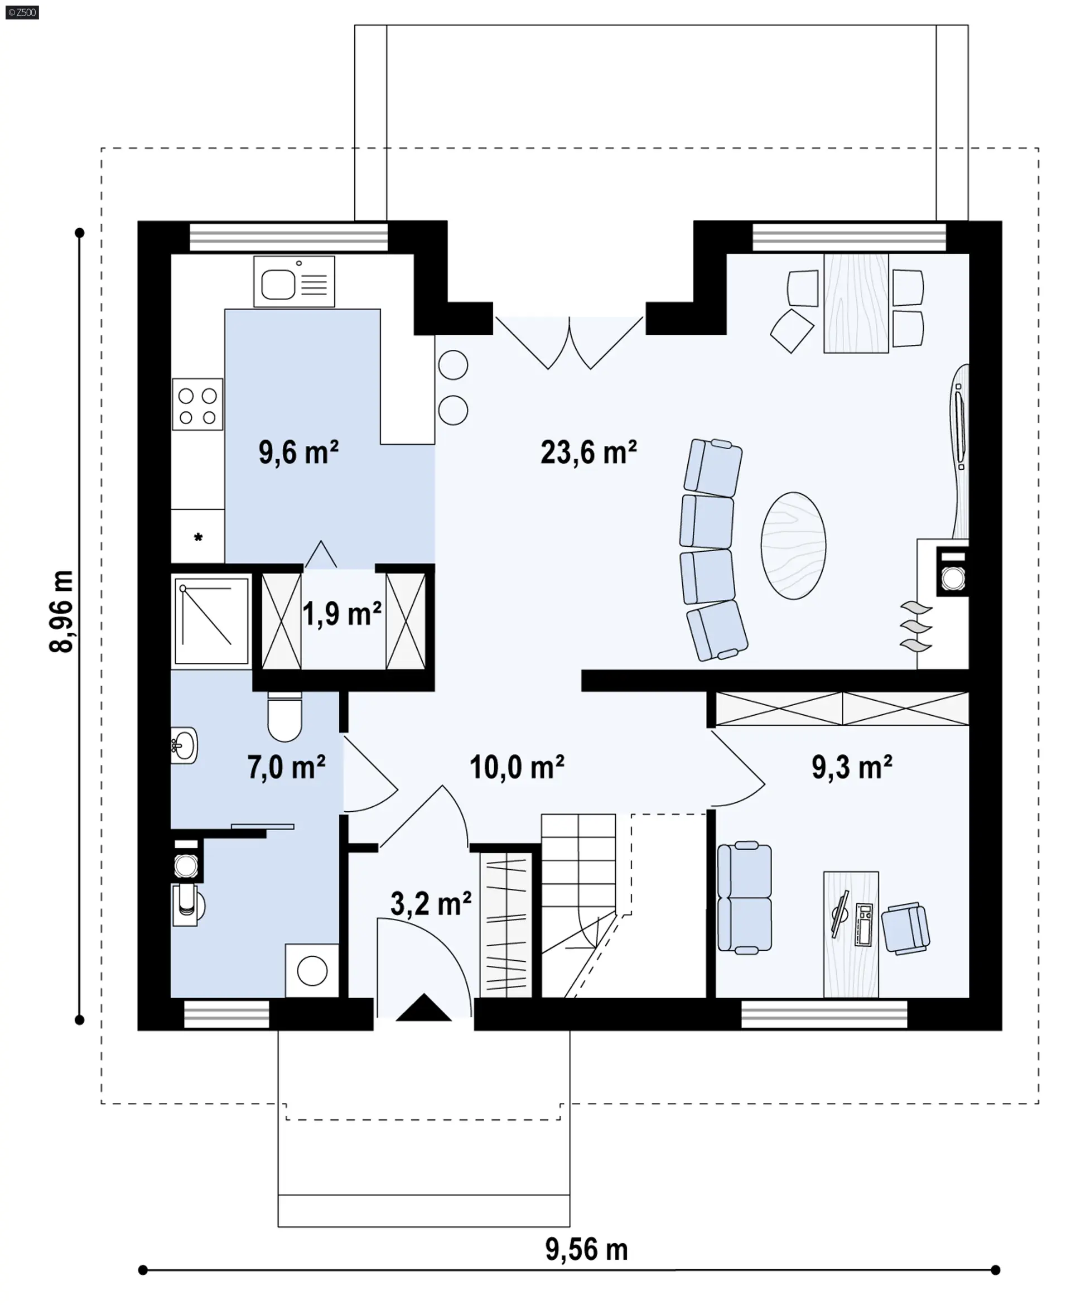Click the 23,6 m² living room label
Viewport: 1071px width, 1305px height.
click(x=588, y=452)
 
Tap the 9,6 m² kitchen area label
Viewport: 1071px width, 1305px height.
click(x=298, y=452)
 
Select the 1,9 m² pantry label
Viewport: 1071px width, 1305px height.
click(x=342, y=614)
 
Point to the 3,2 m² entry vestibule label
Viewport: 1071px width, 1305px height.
click(x=431, y=904)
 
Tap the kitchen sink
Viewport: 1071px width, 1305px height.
click(x=295, y=282)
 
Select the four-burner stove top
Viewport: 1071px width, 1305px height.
click(x=197, y=404)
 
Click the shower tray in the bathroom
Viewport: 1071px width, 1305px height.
click(x=211, y=622)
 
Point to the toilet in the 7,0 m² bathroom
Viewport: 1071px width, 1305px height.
click(x=284, y=717)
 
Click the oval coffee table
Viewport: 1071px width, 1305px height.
click(x=793, y=546)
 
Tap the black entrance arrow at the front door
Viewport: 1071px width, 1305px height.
click(x=424, y=1008)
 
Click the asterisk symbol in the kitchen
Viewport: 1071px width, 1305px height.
click(x=199, y=537)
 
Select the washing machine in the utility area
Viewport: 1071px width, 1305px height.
click(x=312, y=971)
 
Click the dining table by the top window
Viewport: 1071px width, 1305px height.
click(x=856, y=303)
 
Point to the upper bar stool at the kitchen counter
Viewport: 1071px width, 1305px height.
click(x=453, y=365)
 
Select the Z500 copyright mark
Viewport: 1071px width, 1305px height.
click(x=22, y=12)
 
